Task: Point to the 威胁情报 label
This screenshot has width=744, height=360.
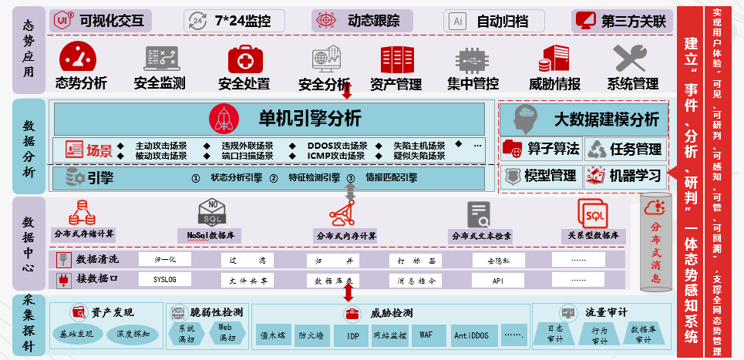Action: pos(555,83)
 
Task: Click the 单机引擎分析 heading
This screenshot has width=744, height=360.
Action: pos(308,118)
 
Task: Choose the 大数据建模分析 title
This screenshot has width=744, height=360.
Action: pos(607,119)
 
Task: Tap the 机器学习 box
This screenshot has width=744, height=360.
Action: pos(624,176)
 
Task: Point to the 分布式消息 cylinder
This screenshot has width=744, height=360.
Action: pos(656,243)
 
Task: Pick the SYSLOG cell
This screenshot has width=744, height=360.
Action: pos(165,280)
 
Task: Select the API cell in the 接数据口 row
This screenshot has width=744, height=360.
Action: pos(498,280)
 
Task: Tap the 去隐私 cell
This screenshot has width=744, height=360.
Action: pos(498,260)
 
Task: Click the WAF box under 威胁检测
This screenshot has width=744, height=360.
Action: pos(426,335)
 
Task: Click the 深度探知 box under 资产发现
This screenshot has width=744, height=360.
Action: pos(133,334)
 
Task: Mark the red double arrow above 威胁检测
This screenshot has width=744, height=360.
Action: pos(348,294)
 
